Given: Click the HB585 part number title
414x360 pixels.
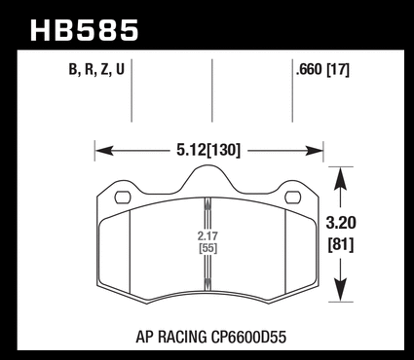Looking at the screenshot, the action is click(x=85, y=30).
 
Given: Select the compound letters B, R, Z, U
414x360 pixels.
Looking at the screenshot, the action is click(x=96, y=69).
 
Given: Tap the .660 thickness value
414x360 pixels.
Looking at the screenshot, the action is click(x=309, y=69).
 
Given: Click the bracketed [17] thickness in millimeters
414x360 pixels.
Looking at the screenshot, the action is click(x=338, y=70).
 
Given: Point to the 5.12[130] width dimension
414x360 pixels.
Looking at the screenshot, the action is click(x=208, y=150).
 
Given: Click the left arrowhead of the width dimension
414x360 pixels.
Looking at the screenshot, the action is click(x=104, y=151).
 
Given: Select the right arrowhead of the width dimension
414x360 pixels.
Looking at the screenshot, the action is click(x=314, y=151).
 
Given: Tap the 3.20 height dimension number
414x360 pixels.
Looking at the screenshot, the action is click(x=341, y=223).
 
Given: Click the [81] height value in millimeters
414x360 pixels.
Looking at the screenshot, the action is click(x=341, y=244).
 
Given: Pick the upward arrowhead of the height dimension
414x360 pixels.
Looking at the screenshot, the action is click(x=340, y=178).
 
